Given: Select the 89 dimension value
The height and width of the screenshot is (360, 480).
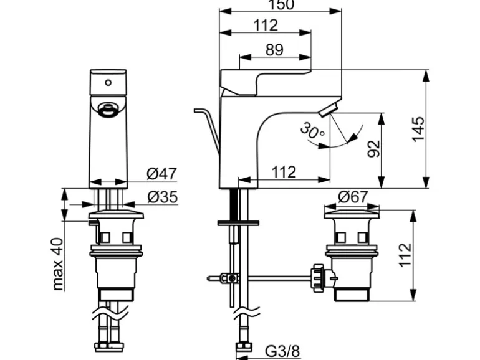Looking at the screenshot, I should coord(274,50).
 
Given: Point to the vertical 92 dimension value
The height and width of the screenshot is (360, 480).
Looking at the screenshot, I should coord(373,148).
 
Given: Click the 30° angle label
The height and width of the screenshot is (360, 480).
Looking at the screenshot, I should coord(312,131).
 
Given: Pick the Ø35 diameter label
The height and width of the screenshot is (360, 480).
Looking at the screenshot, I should coord(161,197).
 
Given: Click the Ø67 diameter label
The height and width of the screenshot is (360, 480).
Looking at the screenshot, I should coord(353,197).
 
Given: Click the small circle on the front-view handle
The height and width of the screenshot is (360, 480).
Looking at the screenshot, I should coord(108,82).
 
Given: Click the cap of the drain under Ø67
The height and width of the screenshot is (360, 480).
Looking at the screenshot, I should coord(353,215).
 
